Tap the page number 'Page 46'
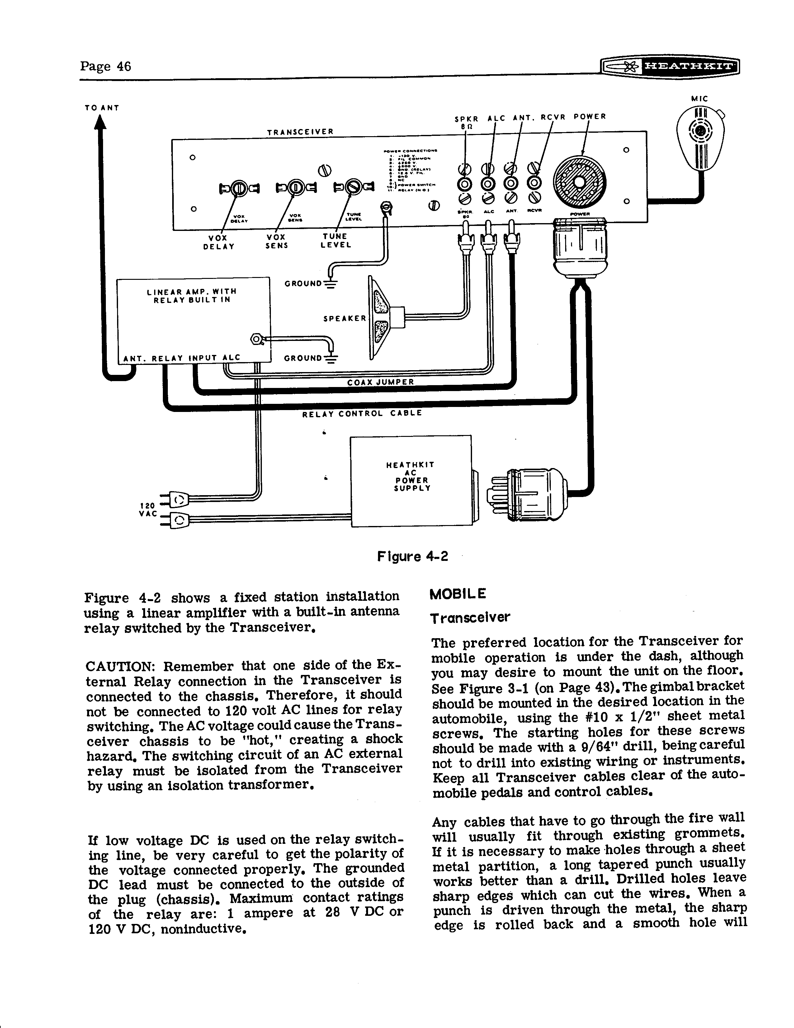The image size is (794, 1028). pyautogui.click(x=105, y=66)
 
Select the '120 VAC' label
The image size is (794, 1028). pyautogui.click(x=148, y=509)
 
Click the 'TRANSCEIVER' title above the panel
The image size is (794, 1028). pyautogui.click(x=300, y=132)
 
